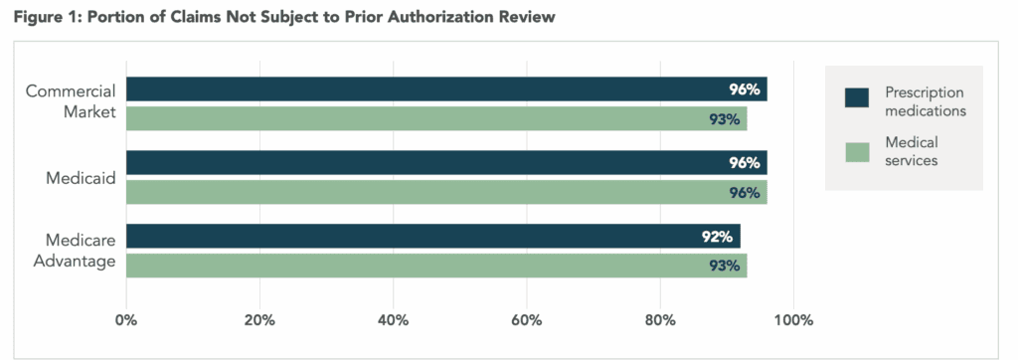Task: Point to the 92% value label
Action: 718,237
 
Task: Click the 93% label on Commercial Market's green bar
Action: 725,119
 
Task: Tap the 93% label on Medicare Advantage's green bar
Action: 725,266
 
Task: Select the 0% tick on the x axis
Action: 126,320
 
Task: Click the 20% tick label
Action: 259,320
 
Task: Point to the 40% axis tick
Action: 393,320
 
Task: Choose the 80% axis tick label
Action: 660,320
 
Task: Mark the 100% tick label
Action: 793,320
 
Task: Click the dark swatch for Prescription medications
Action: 856,96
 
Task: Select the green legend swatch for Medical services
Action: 856,152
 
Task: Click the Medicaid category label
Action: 82,178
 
